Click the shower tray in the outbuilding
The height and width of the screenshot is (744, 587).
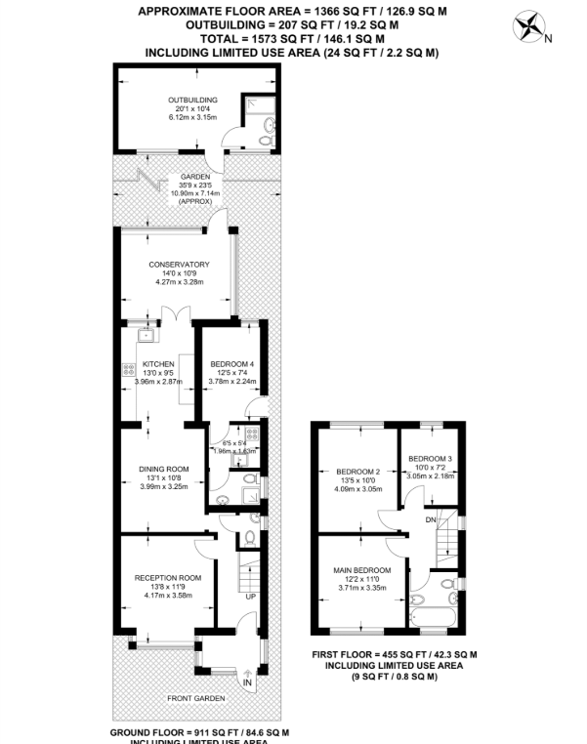[258, 110]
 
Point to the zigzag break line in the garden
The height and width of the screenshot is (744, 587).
[150, 181]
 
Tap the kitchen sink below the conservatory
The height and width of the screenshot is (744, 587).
[147, 336]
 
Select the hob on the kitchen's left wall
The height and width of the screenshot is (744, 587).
[127, 370]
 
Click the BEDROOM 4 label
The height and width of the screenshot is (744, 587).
[232, 364]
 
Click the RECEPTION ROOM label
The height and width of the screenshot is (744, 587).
[167, 577]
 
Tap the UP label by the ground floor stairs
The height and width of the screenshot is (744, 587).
[250, 596]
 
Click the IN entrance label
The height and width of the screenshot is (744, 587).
[246, 682]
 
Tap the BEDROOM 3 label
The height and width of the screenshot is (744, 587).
[430, 459]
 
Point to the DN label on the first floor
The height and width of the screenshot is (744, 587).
[430, 520]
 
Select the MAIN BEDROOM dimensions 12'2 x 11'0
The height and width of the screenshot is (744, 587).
[364, 580]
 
